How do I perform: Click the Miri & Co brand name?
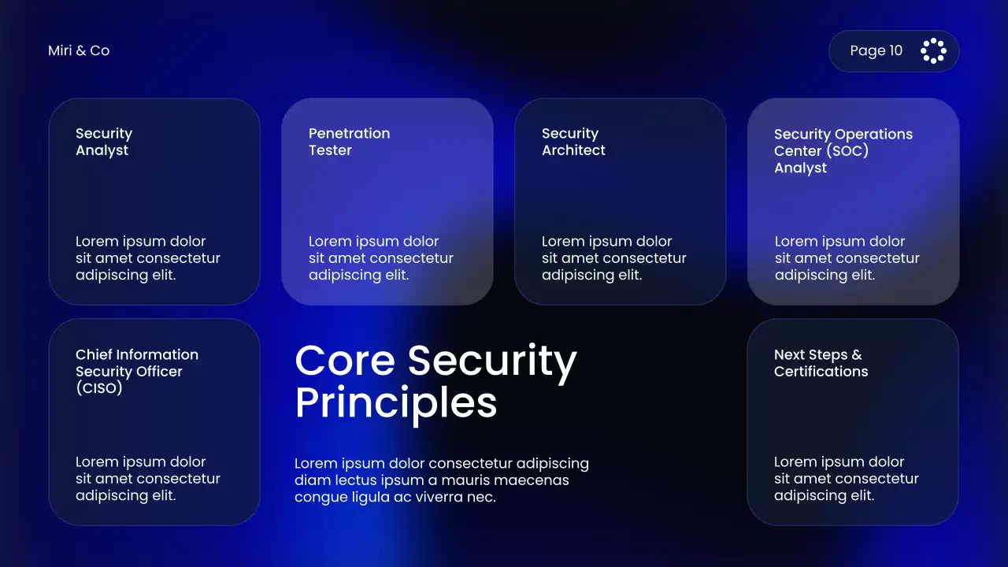pyautogui.click(x=79, y=50)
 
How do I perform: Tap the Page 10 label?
pyautogui.click(x=876, y=50)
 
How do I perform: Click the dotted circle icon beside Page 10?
pyautogui.click(x=933, y=50)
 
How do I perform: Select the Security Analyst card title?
pyautogui.click(x=104, y=142)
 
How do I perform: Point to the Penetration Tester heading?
pyautogui.click(x=349, y=142)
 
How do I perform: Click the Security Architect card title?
pyautogui.click(x=573, y=142)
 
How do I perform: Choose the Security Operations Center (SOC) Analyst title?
pyautogui.click(x=843, y=150)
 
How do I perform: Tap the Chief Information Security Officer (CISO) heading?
pyautogui.click(x=136, y=371)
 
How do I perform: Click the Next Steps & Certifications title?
pyautogui.click(x=821, y=363)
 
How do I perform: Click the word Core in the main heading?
pyautogui.click(x=344, y=361)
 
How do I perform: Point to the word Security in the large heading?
pyautogui.click(x=492, y=362)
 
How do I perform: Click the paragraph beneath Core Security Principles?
pyautogui.click(x=441, y=480)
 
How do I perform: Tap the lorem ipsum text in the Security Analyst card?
pyautogui.click(x=147, y=258)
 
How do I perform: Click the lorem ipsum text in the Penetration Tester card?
pyautogui.click(x=380, y=258)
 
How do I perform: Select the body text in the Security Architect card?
pyautogui.click(x=613, y=258)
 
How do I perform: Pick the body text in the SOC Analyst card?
pyautogui.click(x=847, y=258)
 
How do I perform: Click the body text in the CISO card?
pyautogui.click(x=147, y=479)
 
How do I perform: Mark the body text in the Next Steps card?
pyautogui.click(x=846, y=479)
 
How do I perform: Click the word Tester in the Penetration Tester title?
pyautogui.click(x=330, y=150)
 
